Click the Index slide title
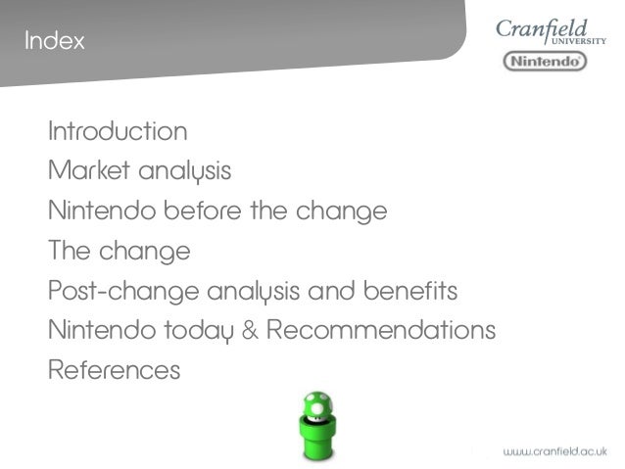tap(55, 42)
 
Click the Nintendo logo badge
tap(545, 61)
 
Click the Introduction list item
tap(118, 131)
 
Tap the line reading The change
tap(119, 251)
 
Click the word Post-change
tap(124, 291)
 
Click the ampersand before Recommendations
tap(249, 331)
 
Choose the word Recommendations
tap(381, 331)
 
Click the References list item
tap(114, 371)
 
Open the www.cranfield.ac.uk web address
tap(554, 451)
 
